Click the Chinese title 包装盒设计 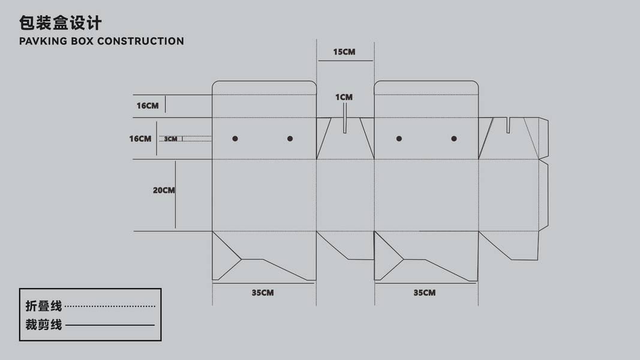tap(61, 23)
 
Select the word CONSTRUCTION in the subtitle tap(140, 41)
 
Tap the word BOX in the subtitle tap(83, 41)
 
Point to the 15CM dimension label tap(344, 52)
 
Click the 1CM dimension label tap(344, 97)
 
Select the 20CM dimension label tap(164, 191)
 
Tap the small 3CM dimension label tap(171, 139)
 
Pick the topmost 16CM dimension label tap(148, 106)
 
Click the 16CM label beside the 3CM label tap(140, 139)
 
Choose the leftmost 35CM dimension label tap(263, 293)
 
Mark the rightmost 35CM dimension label tap(425, 293)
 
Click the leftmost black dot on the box tap(235, 139)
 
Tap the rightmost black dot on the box tap(454, 139)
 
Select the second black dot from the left tap(290, 139)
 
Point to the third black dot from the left tap(399, 139)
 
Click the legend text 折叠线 tap(44, 306)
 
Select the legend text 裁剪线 tap(44, 325)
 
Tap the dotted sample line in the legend tap(110, 307)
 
